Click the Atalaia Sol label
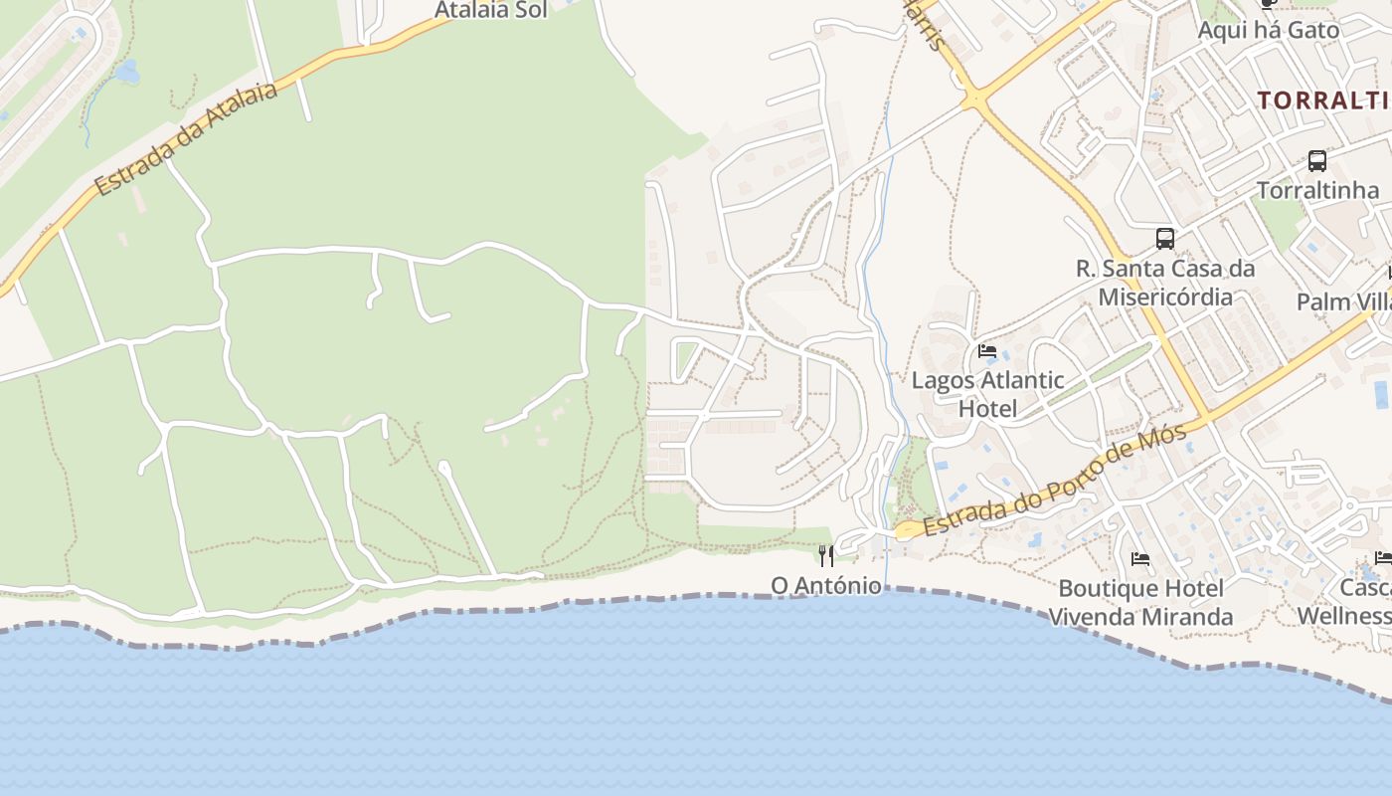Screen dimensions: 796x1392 491,10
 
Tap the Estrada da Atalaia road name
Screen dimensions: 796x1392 185,139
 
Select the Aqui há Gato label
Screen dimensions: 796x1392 1268,30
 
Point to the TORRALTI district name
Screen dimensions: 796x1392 1322,100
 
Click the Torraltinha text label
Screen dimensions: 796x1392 1317,190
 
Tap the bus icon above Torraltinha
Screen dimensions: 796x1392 1317,160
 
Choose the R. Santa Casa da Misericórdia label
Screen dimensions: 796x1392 1165,283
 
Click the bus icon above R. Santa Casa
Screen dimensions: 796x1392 1165,239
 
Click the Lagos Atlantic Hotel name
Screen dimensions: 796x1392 987,394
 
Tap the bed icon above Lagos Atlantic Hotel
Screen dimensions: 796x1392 987,350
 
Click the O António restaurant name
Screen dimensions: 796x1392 826,585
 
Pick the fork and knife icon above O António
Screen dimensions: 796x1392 826,555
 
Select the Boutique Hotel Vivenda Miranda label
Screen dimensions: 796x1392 1140,602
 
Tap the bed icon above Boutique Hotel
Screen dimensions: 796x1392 1140,559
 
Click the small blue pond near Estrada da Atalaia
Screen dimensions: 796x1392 127,72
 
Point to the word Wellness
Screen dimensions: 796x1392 1344,616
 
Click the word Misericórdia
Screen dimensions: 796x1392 1165,297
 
